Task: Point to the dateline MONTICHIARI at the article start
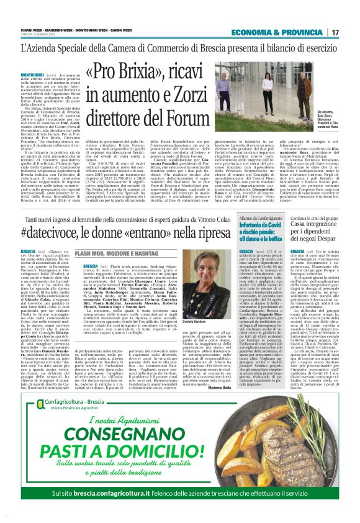tap(34, 73)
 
